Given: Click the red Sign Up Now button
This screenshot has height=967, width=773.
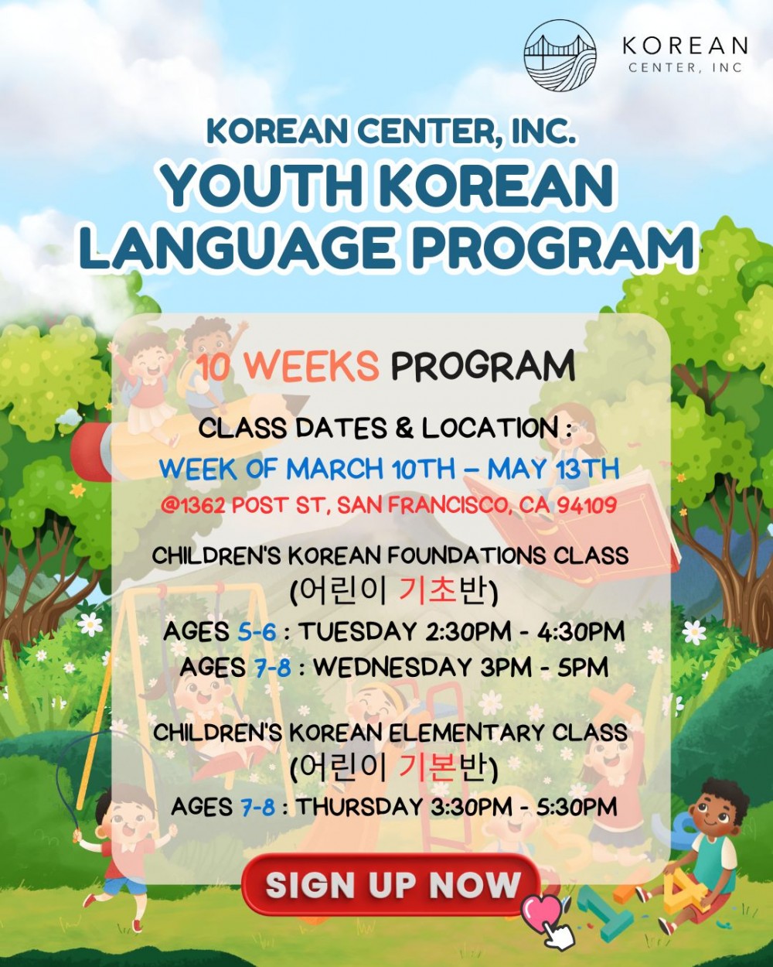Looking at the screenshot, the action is [x=391, y=885].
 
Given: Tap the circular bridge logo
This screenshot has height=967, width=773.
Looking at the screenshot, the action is [x=560, y=56].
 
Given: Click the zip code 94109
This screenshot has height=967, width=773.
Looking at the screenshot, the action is [x=587, y=506].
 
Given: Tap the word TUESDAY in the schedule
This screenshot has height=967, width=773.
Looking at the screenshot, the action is [x=359, y=632].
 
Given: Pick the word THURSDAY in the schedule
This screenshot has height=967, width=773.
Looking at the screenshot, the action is [x=359, y=807].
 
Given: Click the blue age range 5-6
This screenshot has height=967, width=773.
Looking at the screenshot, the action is [x=257, y=632].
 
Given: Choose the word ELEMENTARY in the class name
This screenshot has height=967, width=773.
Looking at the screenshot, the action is [x=466, y=733].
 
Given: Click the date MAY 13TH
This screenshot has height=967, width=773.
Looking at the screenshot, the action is [x=553, y=469].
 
